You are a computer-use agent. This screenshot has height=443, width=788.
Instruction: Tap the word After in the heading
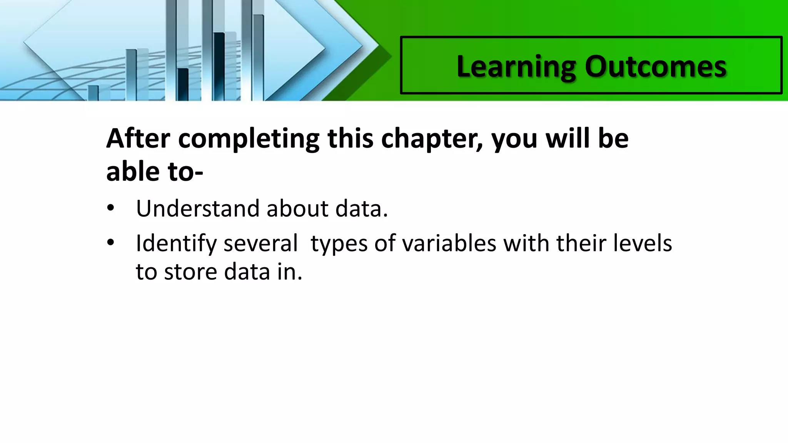click(x=138, y=138)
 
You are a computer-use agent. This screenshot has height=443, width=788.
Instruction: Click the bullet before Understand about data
click(x=111, y=208)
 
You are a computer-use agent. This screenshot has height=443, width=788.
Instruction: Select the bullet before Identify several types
click(x=111, y=243)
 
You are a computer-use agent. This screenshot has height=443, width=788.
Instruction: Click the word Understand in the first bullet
click(x=198, y=208)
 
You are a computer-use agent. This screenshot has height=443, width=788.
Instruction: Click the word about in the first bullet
click(x=297, y=208)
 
